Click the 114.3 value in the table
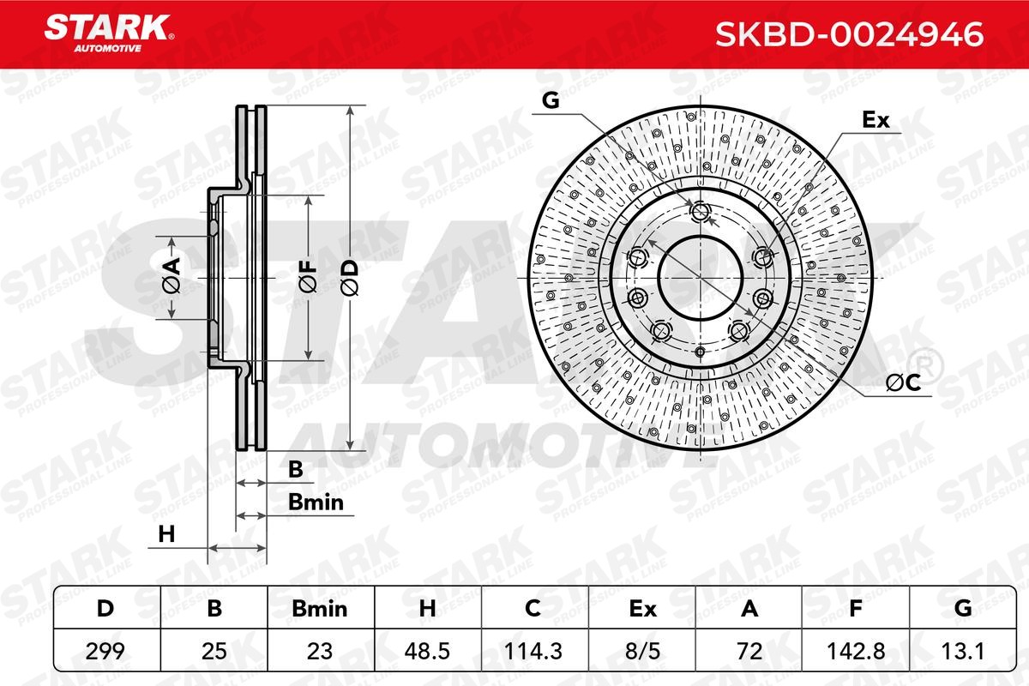(x=532, y=651)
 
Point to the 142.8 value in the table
(x=854, y=651)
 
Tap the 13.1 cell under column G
(x=962, y=651)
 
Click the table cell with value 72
(x=749, y=651)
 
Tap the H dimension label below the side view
(x=166, y=534)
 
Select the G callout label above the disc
(x=551, y=101)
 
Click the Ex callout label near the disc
(x=876, y=121)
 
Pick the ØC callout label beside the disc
(x=901, y=385)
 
